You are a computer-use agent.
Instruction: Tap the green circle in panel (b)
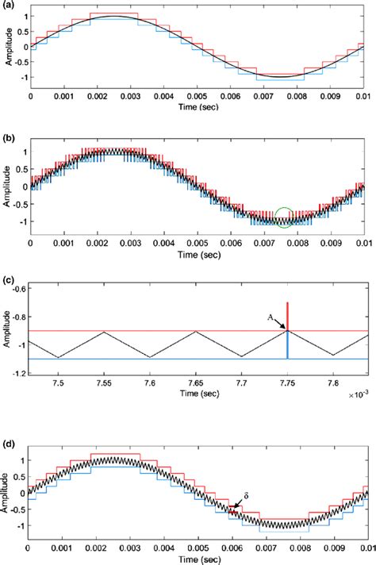point(285,216)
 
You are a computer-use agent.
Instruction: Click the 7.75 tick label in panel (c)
point(287,383)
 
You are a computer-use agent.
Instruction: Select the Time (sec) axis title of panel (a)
point(199,107)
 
